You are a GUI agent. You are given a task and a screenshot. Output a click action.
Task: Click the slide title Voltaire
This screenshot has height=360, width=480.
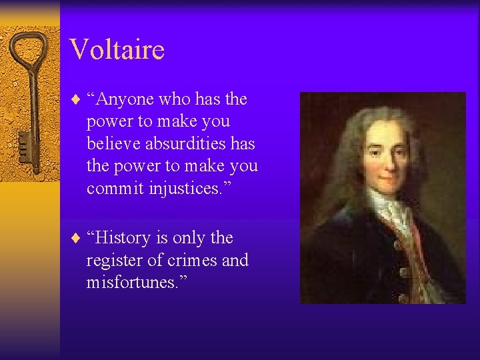coord(117,49)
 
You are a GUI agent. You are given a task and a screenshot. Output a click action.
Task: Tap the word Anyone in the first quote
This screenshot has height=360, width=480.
coord(124,100)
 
